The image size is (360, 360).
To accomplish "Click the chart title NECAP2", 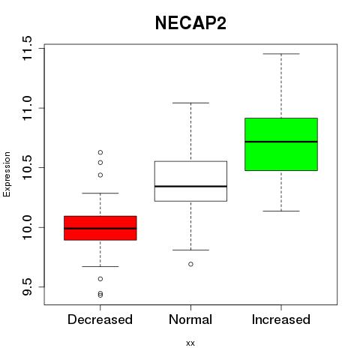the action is tap(190, 23).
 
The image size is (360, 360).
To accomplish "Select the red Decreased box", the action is tap(100, 228).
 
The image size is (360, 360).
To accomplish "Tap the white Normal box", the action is tap(190, 181).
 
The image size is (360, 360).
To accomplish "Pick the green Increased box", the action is tap(281, 144).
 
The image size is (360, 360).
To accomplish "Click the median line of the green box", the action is tap(281, 142).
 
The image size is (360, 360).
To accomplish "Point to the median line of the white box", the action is tap(190, 186).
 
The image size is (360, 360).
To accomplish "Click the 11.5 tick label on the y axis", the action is tap(27, 48).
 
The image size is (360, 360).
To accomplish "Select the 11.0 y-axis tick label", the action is tap(27, 108).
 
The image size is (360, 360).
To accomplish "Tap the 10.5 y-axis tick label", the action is tap(27, 167).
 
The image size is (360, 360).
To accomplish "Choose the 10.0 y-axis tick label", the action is tap(27, 227).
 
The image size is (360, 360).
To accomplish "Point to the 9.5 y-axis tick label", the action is tap(27, 286).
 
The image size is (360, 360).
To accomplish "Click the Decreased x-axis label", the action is tap(100, 319).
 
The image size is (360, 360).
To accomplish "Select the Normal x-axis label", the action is tap(190, 319).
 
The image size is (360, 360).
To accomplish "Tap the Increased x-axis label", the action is tap(281, 319).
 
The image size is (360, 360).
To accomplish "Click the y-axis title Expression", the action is tap(7, 174).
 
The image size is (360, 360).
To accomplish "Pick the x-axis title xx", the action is tap(190, 343).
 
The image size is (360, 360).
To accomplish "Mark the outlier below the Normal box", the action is tap(190, 264).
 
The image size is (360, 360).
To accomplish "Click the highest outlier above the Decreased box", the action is tap(100, 152).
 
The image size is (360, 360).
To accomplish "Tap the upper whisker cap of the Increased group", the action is tap(281, 54).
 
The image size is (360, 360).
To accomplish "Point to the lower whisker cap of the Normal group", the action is tap(190, 250).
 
